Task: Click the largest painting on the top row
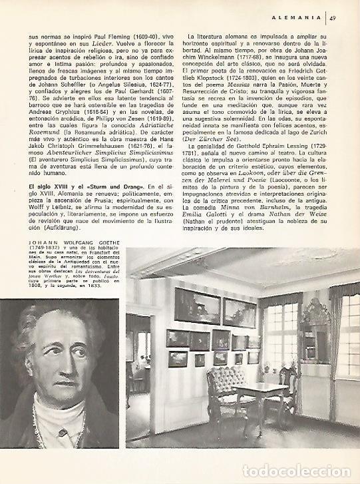197,307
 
